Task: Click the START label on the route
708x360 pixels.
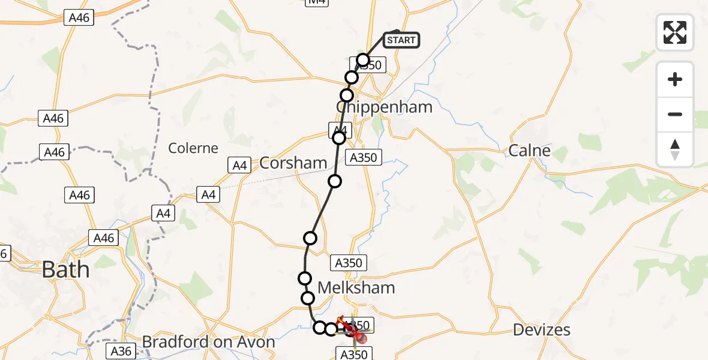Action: [401, 40]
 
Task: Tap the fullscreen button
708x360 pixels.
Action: [675, 32]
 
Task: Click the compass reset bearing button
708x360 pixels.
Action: [675, 149]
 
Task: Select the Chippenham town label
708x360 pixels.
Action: [384, 107]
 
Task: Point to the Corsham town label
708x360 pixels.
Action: [293, 163]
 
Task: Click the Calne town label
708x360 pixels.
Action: [529, 150]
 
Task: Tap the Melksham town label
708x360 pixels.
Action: [356, 287]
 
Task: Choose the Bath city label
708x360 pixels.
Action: [65, 269]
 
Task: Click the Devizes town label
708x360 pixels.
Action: [542, 329]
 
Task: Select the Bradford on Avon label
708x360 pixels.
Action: [208, 342]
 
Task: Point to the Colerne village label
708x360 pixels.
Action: [193, 148]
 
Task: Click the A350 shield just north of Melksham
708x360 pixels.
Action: [348, 262]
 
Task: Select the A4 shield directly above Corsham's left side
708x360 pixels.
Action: [240, 165]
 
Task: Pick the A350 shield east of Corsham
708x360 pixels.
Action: [364, 158]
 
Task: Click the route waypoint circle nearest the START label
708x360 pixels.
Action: [363, 60]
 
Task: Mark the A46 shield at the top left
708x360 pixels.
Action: [79, 18]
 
